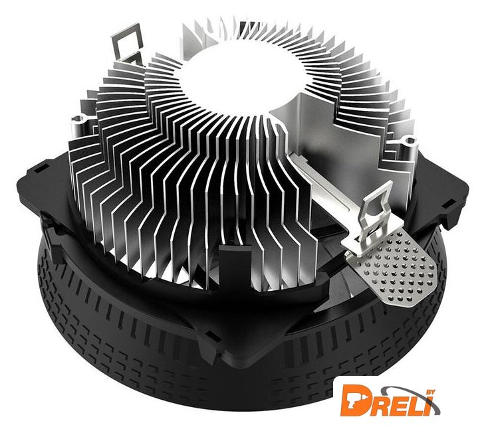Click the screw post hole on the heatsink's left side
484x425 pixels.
pos(78,118)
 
